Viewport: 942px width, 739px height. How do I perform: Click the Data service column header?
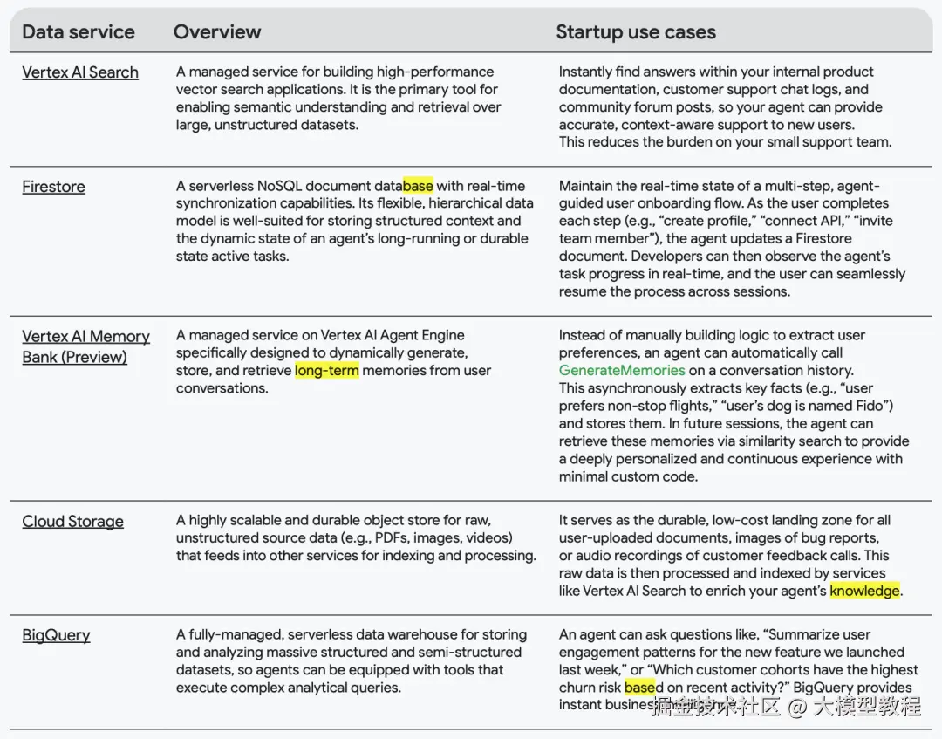(78, 32)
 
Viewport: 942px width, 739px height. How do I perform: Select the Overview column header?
(217, 32)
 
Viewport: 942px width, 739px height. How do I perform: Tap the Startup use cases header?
(636, 32)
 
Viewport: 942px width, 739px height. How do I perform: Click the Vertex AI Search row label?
(80, 72)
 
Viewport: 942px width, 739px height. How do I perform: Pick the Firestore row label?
(53, 187)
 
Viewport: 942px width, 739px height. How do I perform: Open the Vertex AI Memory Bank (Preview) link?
(85, 346)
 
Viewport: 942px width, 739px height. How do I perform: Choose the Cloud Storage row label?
(72, 522)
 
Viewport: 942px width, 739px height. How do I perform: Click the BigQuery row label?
(56, 635)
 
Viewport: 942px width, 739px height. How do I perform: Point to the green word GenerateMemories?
(622, 371)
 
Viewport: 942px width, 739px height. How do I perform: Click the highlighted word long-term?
(326, 371)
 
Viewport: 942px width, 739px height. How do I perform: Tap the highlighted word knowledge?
(864, 592)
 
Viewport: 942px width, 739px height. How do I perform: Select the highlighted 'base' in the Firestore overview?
(418, 186)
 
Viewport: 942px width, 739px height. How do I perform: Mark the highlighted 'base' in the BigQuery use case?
(639, 688)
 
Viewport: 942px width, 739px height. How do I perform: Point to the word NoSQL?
(281, 186)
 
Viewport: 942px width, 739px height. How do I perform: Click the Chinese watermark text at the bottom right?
(786, 706)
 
